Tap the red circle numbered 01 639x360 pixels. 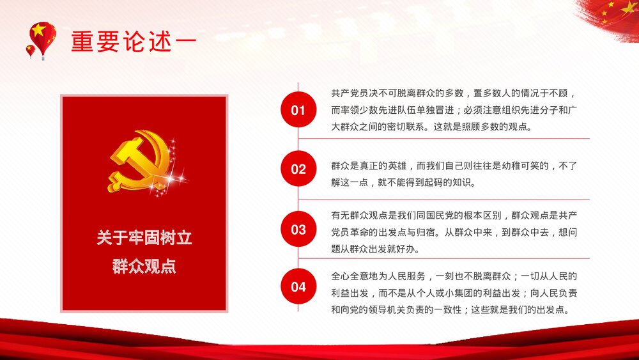pos(298,110)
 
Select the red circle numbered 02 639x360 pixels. pos(298,169)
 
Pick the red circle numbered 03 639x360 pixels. pos(298,229)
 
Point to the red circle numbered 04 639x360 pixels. pos(298,286)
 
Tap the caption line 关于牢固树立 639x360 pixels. pos(144,239)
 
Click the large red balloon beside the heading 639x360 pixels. pos(43,37)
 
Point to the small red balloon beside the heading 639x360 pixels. pos(30,51)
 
